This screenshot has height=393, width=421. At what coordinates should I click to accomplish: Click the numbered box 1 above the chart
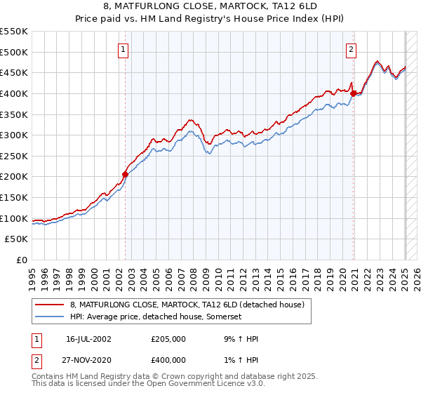(x=123, y=49)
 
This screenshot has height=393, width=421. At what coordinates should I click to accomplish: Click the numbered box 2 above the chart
(x=350, y=49)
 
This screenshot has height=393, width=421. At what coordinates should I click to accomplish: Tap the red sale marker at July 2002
(x=126, y=174)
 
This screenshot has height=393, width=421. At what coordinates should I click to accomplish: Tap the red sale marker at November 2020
(x=354, y=93)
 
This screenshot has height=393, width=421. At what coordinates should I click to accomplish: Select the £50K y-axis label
(x=18, y=239)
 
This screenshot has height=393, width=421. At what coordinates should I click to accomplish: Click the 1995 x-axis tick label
(x=32, y=274)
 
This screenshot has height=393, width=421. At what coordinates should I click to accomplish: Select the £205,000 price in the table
(x=168, y=339)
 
